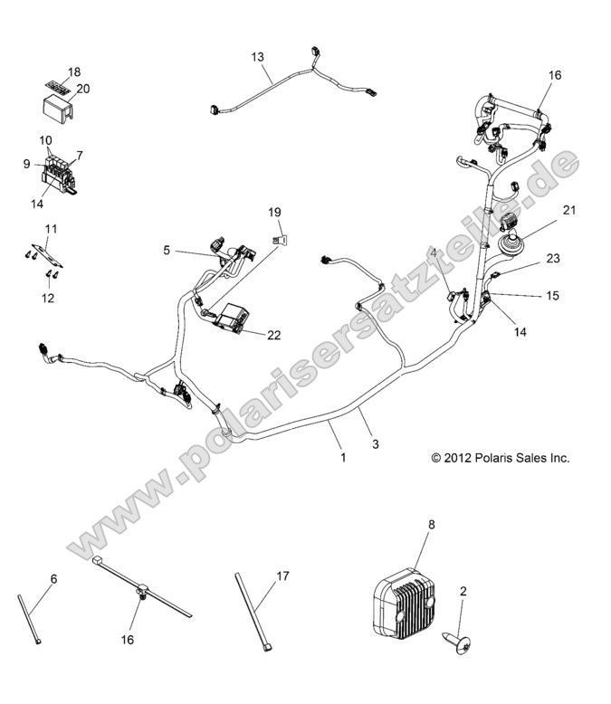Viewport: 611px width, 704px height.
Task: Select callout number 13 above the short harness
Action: (258, 57)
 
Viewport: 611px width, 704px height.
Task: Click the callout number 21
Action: (568, 211)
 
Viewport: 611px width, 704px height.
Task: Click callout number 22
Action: (273, 335)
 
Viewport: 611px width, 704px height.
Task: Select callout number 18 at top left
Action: (74, 71)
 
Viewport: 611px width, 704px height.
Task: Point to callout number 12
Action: (47, 297)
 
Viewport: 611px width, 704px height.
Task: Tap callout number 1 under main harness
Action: (343, 458)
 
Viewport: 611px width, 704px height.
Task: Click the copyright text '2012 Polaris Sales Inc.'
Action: (501, 458)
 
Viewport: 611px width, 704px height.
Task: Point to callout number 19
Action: (275, 213)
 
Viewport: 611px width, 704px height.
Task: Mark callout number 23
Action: (552, 259)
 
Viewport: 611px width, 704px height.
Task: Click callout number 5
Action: (167, 251)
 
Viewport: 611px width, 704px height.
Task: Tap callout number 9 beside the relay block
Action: (27, 164)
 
